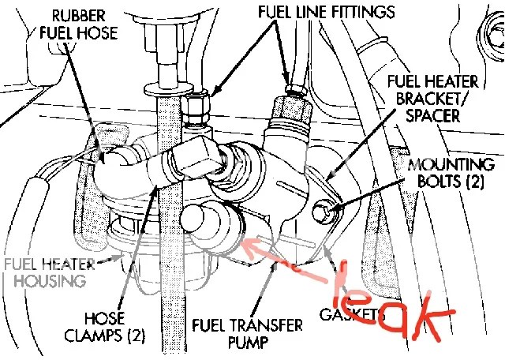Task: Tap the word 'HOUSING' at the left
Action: pos(51,281)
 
